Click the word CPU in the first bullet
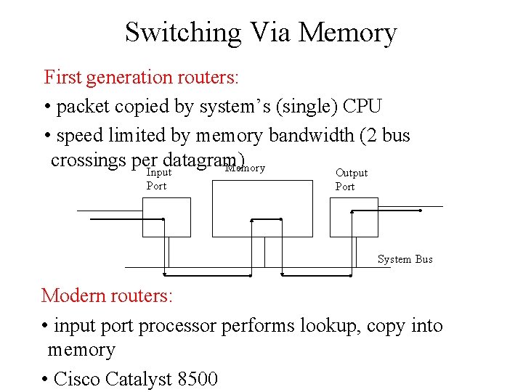click(x=362, y=106)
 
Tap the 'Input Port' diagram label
click(x=158, y=179)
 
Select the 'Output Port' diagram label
click(x=351, y=179)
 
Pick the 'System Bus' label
click(x=405, y=259)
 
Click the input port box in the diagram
click(x=166, y=217)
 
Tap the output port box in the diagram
click(x=354, y=217)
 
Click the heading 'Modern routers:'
click(x=107, y=295)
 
